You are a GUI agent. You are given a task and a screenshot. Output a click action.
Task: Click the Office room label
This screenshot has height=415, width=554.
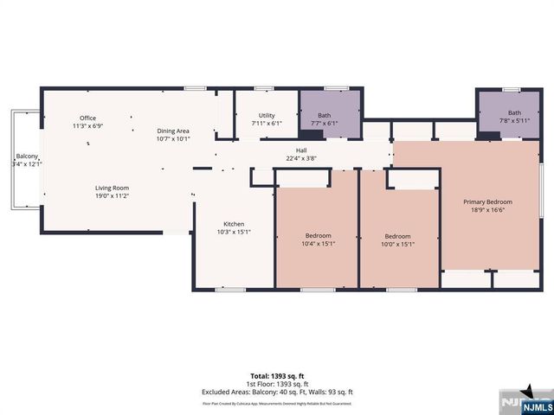point(87,118)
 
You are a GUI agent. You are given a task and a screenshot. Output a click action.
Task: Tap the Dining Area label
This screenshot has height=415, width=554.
point(173,130)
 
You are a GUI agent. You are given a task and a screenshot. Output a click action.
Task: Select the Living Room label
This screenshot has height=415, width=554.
point(112,188)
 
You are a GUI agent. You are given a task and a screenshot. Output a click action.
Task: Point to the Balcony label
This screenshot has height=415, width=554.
point(23,156)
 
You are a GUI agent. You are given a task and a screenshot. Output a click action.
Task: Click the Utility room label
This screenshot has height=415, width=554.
point(267,115)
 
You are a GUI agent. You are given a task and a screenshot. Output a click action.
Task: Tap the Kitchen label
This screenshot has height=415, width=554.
point(234,223)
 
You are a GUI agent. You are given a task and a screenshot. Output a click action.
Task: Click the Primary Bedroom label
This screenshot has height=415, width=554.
point(490,201)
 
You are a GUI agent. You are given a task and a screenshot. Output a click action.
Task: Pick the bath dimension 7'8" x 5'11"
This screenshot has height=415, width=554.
point(514,121)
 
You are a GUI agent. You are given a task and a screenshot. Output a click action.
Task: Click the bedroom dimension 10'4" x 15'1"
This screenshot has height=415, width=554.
point(318,244)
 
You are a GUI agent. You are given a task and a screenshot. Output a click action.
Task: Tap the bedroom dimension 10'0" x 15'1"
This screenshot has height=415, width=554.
point(397,244)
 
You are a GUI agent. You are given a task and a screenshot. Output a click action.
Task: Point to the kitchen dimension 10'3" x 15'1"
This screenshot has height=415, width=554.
point(234,231)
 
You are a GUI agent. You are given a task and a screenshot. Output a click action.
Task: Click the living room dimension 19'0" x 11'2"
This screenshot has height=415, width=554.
point(112,195)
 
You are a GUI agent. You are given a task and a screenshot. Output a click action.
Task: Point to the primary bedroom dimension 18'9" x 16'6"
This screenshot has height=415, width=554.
point(490,208)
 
